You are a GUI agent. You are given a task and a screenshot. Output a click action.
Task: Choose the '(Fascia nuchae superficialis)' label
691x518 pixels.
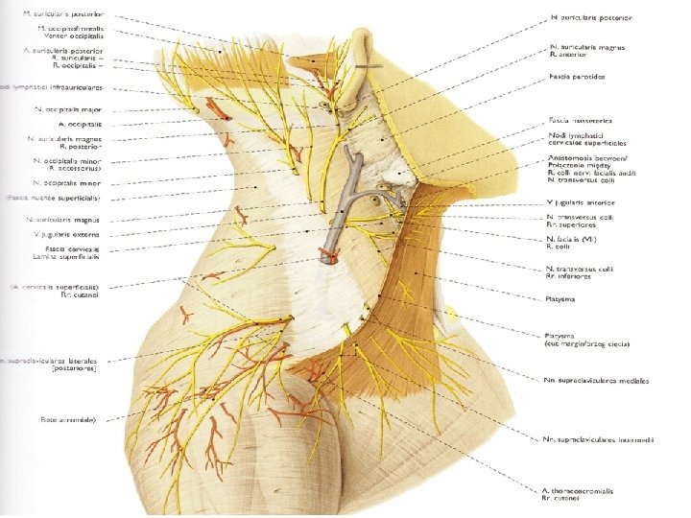pos(54,198)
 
